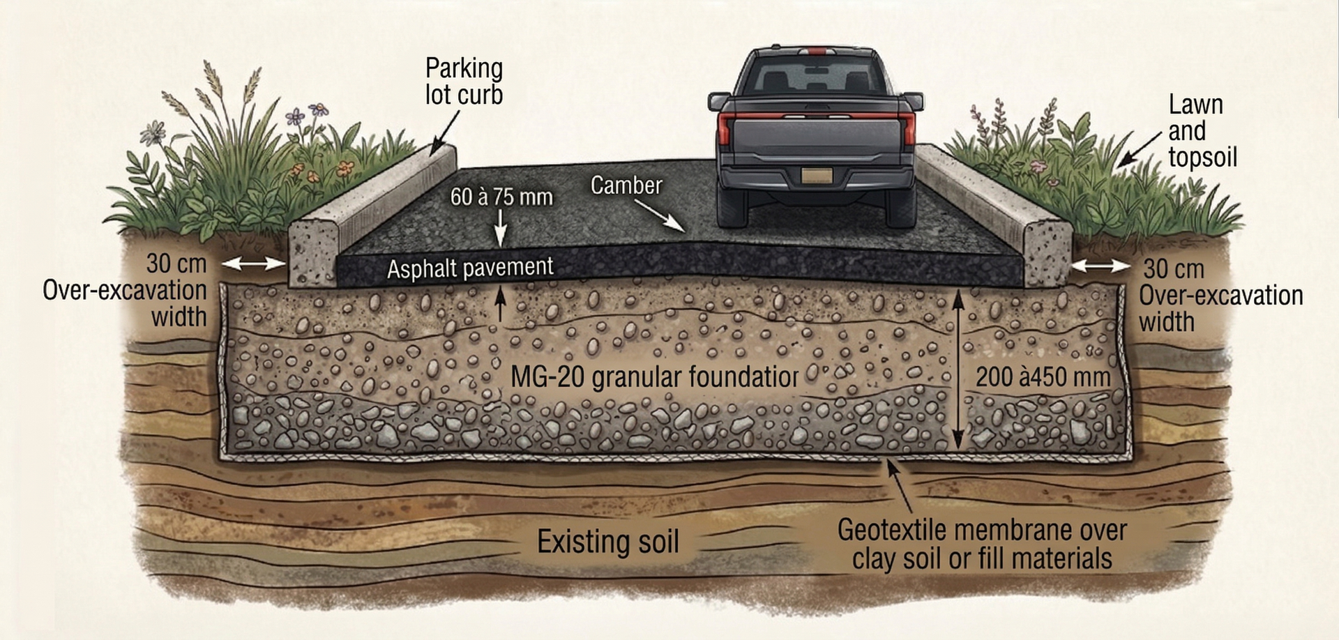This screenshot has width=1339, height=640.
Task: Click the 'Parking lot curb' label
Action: pyautogui.click(x=464, y=82)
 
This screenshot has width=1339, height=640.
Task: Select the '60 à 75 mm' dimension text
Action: pyautogui.click(x=501, y=197)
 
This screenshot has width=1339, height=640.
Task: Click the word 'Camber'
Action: pyautogui.click(x=626, y=185)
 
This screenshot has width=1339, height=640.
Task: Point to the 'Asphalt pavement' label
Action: pyautogui.click(x=470, y=268)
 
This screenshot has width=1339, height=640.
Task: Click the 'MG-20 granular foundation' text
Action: pyautogui.click(x=654, y=377)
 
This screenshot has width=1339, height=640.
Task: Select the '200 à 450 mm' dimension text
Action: pyautogui.click(x=1043, y=377)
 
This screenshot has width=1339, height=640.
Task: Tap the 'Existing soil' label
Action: pyautogui.click(x=607, y=542)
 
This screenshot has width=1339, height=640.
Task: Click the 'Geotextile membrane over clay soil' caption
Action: pyautogui.click(x=982, y=544)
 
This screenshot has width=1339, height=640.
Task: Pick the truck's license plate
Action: pyautogui.click(x=816, y=175)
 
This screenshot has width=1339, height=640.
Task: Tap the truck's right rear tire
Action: pyautogui.click(x=900, y=207)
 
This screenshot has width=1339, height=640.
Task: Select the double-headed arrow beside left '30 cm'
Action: pyautogui.click(x=253, y=264)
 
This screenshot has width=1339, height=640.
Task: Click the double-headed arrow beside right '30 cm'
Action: pyautogui.click(x=1101, y=266)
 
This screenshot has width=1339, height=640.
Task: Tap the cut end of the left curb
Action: pyautogui.click(x=313, y=253)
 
